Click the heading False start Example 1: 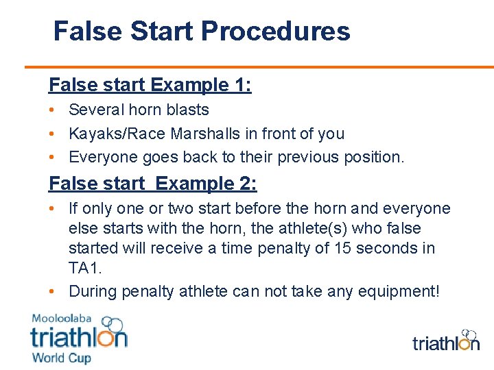coord(150,85)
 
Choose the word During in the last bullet coord(93,292)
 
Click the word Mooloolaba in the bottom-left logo coord(62,319)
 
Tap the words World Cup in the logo coord(60,357)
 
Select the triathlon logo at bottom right coord(445,341)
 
